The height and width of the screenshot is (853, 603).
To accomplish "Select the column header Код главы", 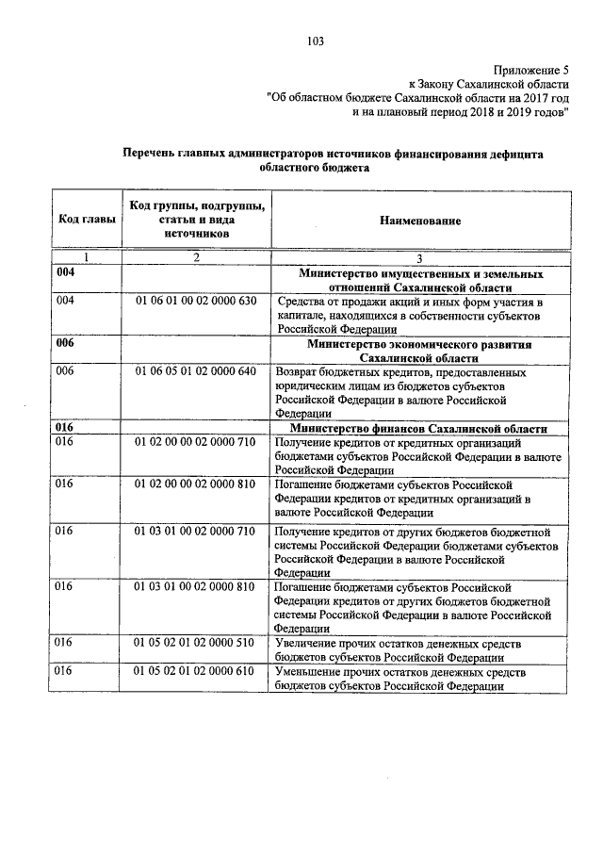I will tap(88, 220).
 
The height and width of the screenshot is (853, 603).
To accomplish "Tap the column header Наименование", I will tap(420, 220).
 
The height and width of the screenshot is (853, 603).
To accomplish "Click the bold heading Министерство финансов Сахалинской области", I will tap(420, 428).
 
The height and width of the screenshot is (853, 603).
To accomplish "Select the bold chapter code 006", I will tap(65, 344).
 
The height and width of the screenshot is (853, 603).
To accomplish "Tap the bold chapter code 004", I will tap(65, 273).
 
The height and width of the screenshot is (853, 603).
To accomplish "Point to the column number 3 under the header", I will tap(420, 257).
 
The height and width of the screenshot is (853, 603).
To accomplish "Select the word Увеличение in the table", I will tap(306, 643).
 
